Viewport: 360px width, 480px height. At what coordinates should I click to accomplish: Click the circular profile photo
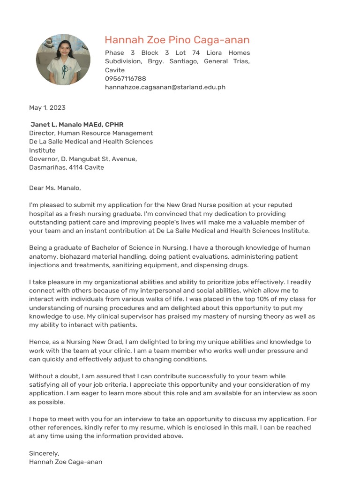(63, 60)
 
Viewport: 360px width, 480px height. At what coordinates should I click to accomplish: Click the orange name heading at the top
(177, 40)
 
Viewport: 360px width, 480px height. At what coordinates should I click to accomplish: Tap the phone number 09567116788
(125, 79)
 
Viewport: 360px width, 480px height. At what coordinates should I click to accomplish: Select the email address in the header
(165, 87)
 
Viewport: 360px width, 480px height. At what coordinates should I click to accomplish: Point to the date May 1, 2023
(47, 107)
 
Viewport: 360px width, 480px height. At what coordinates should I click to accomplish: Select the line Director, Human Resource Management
(91, 133)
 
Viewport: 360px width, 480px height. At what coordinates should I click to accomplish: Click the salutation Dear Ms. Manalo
(55, 188)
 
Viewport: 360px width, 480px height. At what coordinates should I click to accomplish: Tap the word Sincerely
(44, 453)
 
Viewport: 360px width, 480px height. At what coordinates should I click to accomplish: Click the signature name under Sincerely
(66, 462)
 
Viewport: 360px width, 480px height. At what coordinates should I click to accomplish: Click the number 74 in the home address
(196, 52)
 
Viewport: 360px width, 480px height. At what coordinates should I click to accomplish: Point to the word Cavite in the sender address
(115, 70)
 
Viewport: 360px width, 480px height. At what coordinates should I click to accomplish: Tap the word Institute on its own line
(42, 150)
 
